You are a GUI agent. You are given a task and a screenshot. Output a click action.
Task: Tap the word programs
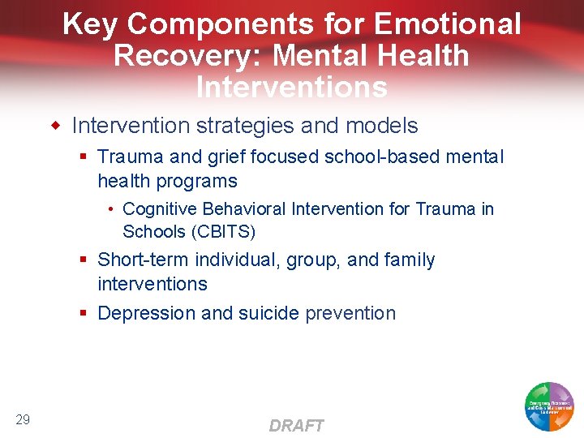(200, 181)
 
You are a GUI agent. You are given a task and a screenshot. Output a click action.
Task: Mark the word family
(410, 260)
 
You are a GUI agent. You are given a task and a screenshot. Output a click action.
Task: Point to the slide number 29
(23, 419)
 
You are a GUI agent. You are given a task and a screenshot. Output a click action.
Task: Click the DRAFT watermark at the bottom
(296, 426)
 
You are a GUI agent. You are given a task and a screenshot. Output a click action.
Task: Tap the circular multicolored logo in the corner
(549, 406)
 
